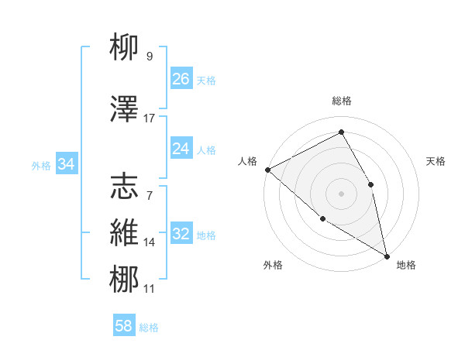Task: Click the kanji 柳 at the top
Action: coord(125,47)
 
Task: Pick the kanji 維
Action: coord(125,233)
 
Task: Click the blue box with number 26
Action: coord(181,78)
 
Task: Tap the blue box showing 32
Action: coord(181,234)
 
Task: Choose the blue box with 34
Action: coord(67,164)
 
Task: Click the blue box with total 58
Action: coord(124,326)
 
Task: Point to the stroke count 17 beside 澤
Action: coord(150,118)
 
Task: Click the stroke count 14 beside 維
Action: coord(150,242)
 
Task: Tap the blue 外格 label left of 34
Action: coord(41,165)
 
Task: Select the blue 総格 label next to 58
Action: coord(149,328)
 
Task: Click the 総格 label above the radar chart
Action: coord(341,101)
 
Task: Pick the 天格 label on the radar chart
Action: coord(436,161)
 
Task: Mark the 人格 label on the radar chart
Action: coord(248,161)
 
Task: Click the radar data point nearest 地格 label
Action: coord(387,255)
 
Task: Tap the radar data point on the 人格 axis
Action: coord(267,170)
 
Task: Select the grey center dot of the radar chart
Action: coord(341,193)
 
